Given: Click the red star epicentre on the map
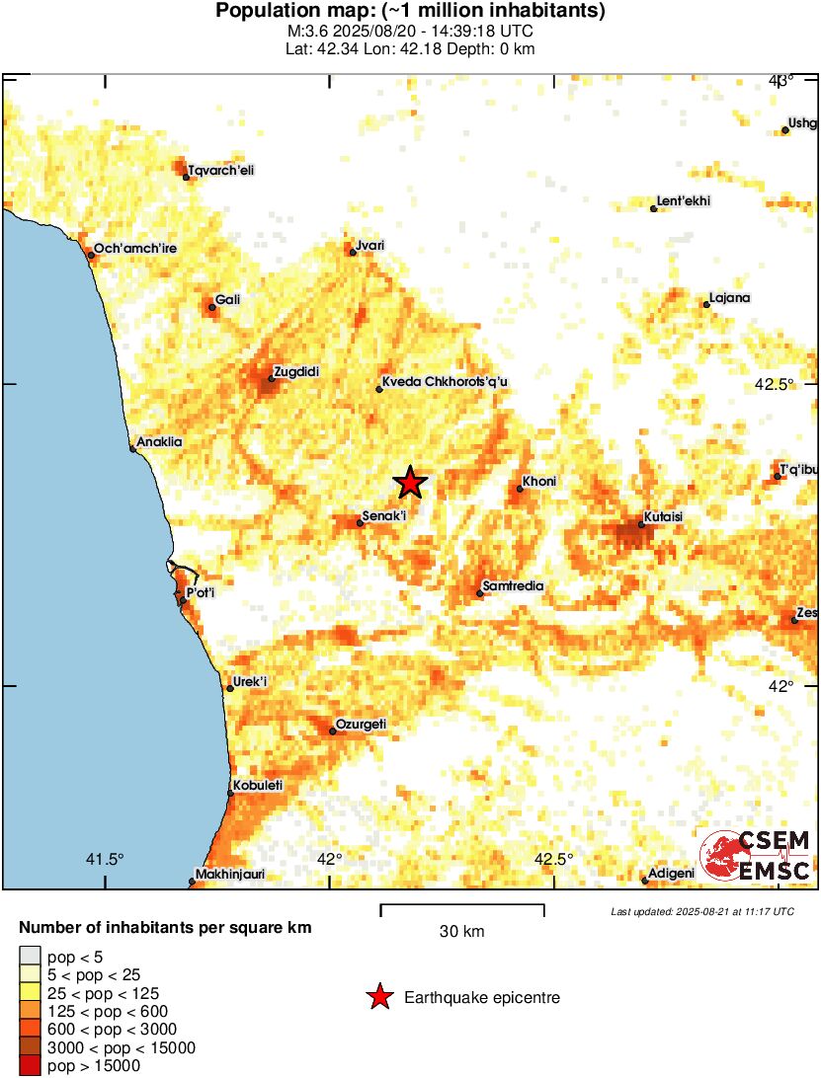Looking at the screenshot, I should [411, 483].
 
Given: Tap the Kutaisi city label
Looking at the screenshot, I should [664, 516].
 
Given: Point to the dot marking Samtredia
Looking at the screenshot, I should [480, 592].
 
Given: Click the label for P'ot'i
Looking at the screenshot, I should [201, 592].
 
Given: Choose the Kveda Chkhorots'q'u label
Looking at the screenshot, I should [444, 382].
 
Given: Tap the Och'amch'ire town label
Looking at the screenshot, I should [135, 248].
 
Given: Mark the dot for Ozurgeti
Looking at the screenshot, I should [333, 731].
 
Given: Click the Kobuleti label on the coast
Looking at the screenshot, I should [258, 785].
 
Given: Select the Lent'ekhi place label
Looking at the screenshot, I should [684, 201].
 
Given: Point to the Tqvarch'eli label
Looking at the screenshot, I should [221, 170].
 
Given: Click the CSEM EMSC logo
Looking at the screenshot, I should [756, 855].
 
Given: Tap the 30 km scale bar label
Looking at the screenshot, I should [462, 931].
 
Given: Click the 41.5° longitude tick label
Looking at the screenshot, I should [105, 858].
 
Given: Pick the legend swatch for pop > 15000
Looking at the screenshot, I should [31, 1065].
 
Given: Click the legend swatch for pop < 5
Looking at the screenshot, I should [31, 957].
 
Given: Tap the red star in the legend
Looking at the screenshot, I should [379, 998].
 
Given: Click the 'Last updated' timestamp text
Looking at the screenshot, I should [701, 911].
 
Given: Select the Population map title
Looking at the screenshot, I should [410, 12].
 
